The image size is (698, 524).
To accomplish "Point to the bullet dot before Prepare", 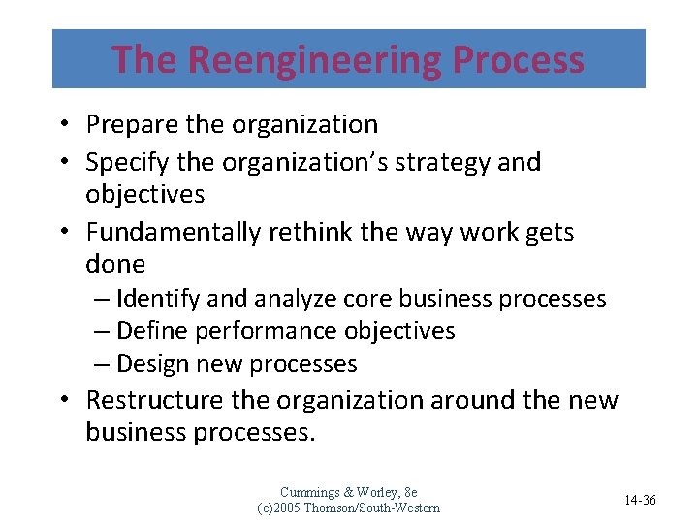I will (x=61, y=125).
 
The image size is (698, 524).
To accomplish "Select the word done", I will (x=115, y=264).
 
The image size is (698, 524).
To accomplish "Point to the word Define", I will (x=151, y=331).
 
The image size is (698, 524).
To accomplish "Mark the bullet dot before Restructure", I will (x=61, y=400).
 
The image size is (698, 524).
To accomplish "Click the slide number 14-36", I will (x=640, y=500).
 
